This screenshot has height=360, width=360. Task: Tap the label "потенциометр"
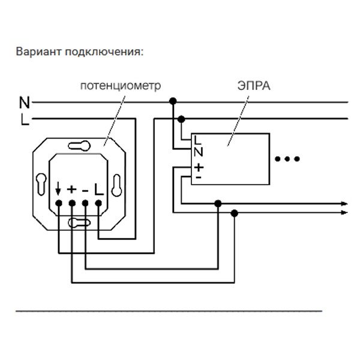pos(121,86)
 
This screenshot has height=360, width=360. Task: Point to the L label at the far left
pos(24,119)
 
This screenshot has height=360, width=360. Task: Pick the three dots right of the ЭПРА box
pos(286,159)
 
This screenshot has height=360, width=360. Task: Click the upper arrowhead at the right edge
pos(344,203)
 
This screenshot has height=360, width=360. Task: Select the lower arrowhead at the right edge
pos(344,212)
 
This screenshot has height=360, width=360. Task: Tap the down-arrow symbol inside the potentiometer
pos(58,190)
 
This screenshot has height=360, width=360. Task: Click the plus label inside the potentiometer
pos(71,190)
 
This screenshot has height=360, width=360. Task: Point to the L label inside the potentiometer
pos(98,190)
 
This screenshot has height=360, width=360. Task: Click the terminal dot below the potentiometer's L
pos(98,204)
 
